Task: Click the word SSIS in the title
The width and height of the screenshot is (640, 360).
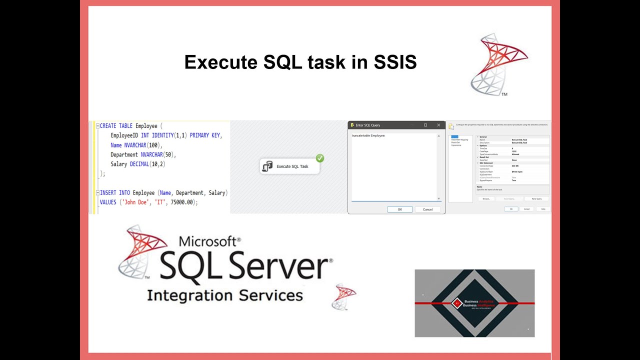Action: (x=395, y=62)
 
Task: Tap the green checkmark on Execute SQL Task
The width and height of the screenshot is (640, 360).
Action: (x=320, y=158)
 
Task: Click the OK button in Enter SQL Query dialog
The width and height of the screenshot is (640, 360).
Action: (x=399, y=209)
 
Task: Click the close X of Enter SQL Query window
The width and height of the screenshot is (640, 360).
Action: (x=438, y=125)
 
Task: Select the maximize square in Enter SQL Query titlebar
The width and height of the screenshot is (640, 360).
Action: (x=425, y=125)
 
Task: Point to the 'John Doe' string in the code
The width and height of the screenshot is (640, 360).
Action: (x=135, y=202)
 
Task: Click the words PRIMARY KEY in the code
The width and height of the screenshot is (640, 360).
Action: (x=206, y=135)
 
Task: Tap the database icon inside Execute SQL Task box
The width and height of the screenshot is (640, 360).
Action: (x=267, y=166)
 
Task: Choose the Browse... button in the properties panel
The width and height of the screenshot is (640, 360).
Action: (x=486, y=198)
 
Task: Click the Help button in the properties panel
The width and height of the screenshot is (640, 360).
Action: (x=542, y=209)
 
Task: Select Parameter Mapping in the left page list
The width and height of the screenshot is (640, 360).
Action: (x=459, y=139)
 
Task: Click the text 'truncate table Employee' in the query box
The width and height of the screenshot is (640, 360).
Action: (x=368, y=135)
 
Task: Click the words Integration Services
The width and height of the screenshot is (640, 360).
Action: (x=224, y=295)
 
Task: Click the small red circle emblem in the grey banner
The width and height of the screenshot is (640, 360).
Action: (x=456, y=303)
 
